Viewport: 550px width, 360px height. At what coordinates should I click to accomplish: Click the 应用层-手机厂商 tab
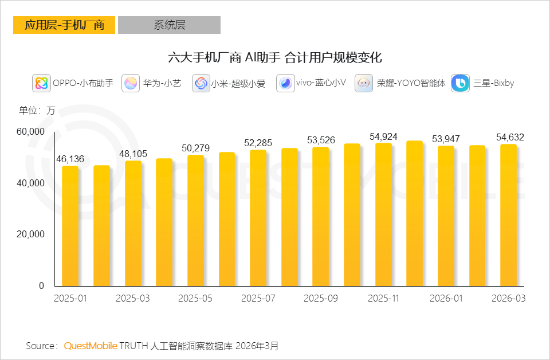[64, 25]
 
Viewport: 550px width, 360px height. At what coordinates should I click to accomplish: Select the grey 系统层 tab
[169, 25]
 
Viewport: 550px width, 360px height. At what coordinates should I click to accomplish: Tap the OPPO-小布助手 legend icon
[41, 84]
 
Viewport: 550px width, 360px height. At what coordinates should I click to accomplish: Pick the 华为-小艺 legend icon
[131, 84]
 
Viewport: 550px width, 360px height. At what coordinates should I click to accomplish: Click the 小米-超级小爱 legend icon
[201, 84]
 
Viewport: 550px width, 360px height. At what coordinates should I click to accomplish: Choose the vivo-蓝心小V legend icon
[285, 84]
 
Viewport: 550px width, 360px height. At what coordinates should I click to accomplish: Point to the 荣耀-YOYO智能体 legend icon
[364, 84]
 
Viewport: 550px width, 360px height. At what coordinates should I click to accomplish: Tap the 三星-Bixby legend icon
[461, 84]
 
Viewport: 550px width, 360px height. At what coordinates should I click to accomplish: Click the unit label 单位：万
[37, 111]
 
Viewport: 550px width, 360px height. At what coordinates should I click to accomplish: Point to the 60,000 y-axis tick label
[30, 132]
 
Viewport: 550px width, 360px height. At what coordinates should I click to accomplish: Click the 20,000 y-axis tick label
[30, 234]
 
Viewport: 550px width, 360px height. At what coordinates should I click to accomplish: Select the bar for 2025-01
[70, 226]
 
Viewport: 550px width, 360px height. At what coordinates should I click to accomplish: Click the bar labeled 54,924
[383, 214]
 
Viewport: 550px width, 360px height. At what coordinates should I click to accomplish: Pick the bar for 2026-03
[508, 215]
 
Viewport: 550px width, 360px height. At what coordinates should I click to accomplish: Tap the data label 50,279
[196, 148]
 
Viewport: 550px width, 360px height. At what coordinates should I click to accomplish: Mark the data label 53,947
[446, 139]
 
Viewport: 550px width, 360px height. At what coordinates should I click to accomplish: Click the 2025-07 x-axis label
[258, 299]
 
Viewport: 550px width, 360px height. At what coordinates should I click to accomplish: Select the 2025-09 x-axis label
[321, 299]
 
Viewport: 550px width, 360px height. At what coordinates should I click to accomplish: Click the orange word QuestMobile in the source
[91, 346]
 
